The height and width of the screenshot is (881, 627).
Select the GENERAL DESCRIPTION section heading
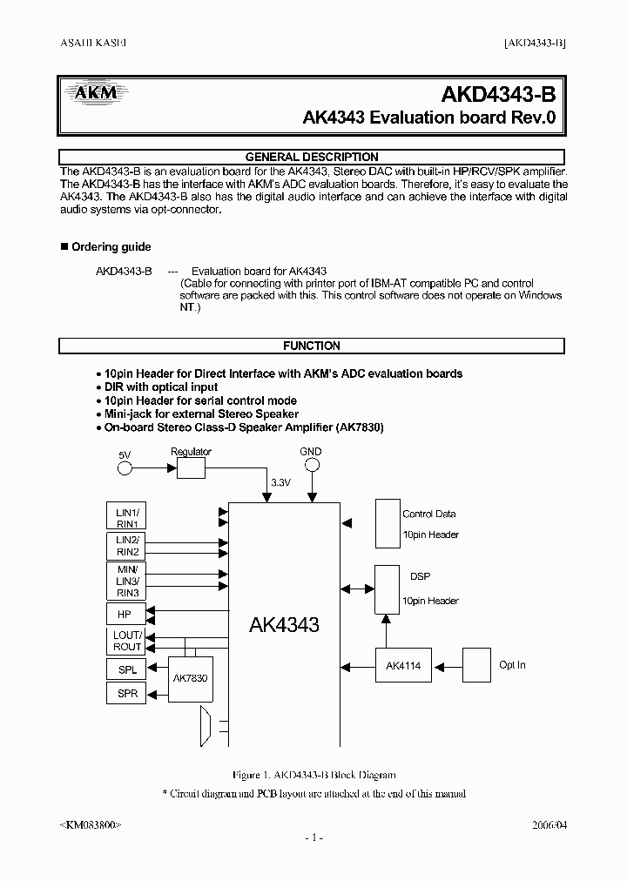coord(312,157)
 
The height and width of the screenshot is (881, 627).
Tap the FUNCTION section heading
coord(312,346)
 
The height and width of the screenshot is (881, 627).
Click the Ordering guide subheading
coord(111,247)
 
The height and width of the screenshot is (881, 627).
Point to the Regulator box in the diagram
coord(191,467)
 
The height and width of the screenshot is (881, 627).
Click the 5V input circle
coord(125,468)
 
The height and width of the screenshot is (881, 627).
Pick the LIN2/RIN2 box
coord(127,547)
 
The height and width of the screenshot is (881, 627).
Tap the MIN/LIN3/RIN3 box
coord(127,581)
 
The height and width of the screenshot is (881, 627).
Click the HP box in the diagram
coord(125,614)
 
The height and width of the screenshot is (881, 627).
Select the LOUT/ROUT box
coord(127,642)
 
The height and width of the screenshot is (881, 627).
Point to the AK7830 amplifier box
coord(191,678)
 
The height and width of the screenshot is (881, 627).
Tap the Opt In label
coord(512,665)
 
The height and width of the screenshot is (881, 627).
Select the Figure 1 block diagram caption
coord(313,775)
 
